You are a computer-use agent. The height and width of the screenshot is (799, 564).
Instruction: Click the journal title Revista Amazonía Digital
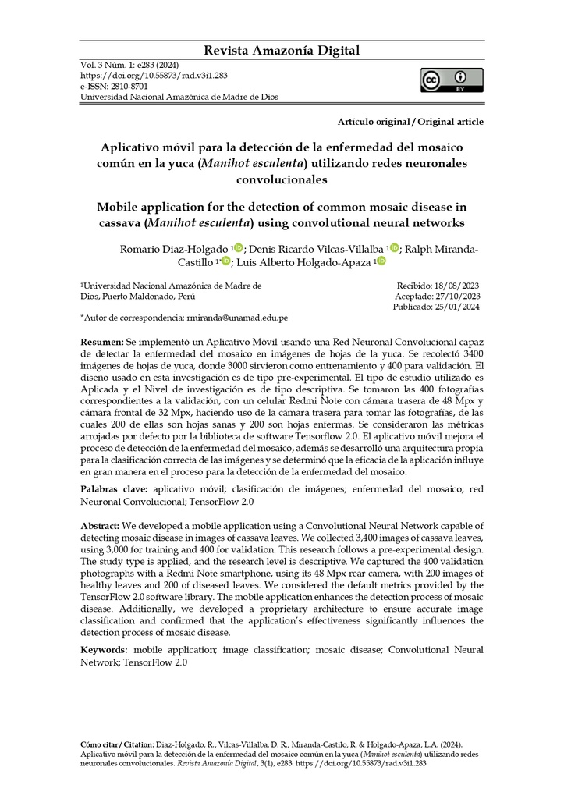282,51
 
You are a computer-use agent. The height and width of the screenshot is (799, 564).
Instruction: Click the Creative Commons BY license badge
452,80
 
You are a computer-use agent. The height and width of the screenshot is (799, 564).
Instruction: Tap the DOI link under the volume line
154,76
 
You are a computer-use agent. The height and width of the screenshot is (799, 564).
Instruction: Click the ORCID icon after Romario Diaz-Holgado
238,248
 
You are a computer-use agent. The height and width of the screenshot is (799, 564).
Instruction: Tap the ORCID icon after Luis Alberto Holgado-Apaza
381,261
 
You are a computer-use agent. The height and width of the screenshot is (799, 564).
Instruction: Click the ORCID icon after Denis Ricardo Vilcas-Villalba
394,248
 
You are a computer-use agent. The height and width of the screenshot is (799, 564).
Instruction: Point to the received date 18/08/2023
455,286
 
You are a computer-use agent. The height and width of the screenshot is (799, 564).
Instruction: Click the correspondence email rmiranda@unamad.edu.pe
237,318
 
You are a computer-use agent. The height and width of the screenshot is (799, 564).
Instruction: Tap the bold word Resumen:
102,343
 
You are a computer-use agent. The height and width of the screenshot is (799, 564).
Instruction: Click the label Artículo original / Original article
410,122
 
